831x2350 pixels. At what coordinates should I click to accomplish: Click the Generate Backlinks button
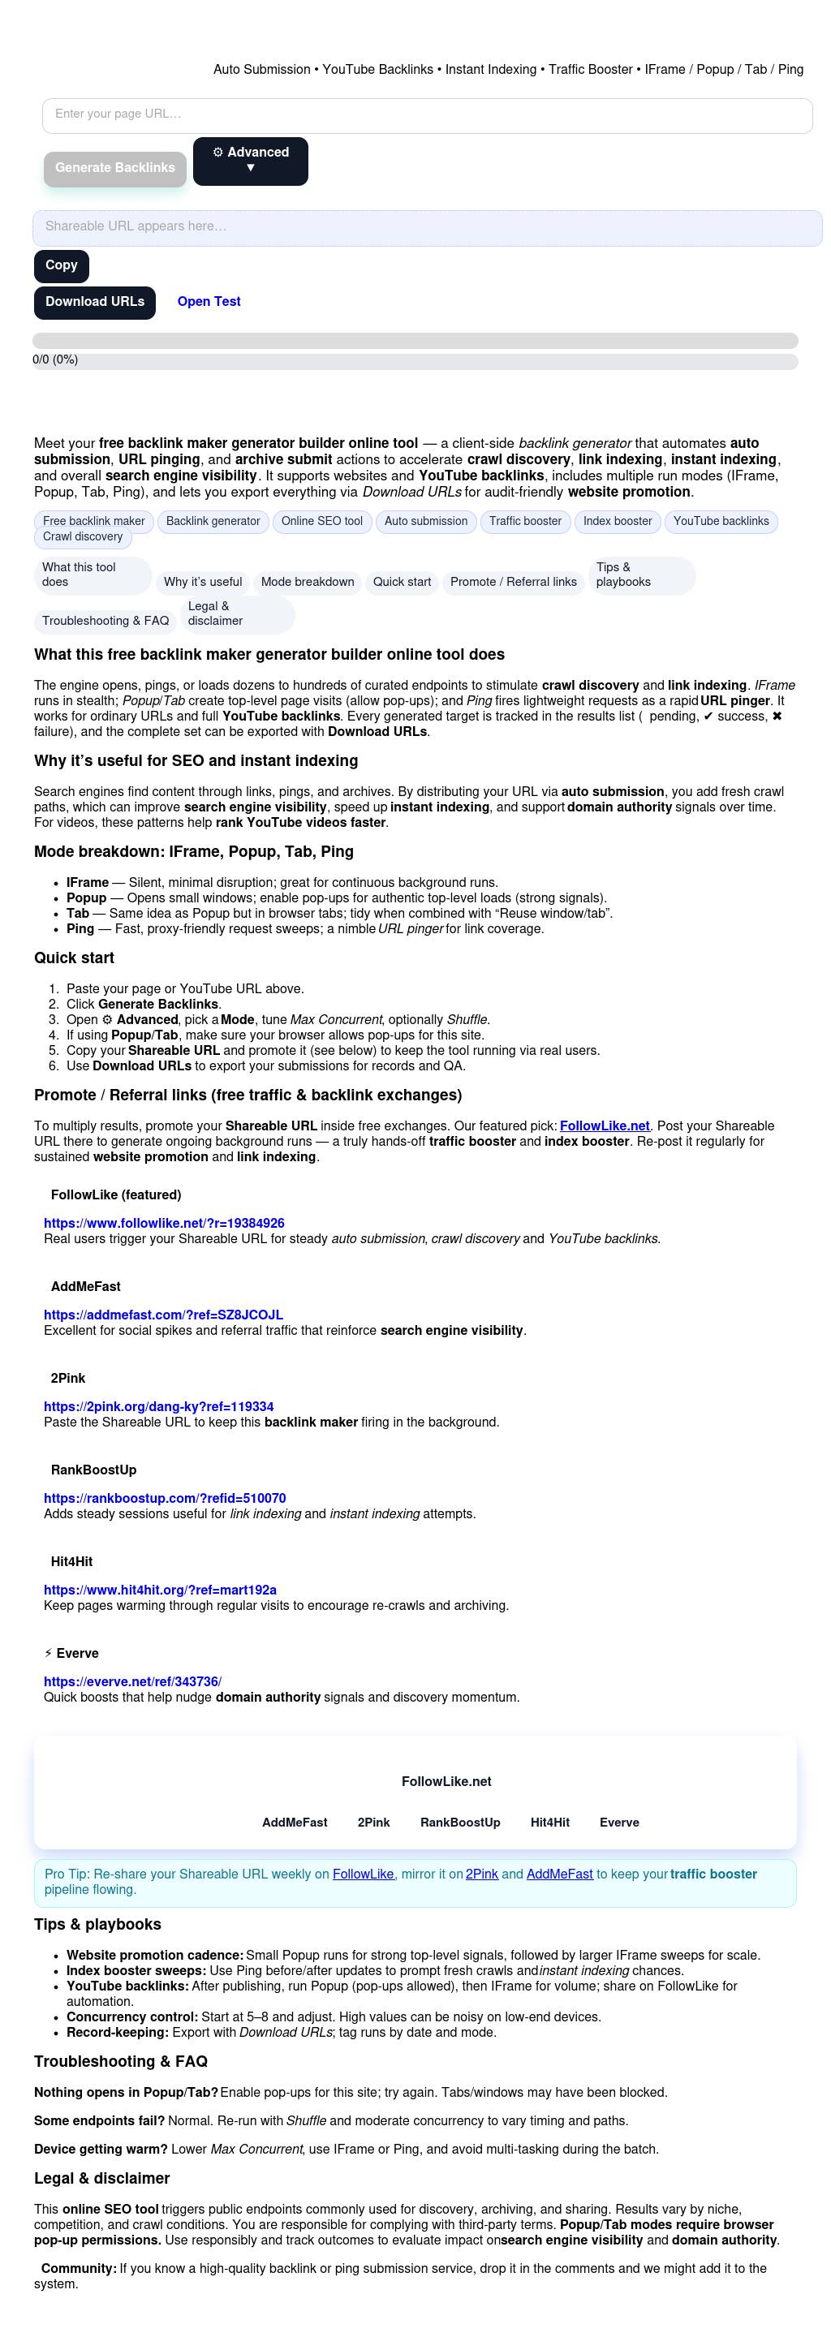[x=115, y=168]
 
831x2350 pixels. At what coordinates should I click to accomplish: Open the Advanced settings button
[x=250, y=161]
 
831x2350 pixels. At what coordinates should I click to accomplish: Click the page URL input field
[x=427, y=115]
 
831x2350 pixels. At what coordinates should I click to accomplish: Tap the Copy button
[x=61, y=265]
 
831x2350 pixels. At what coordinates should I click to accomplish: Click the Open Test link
[x=209, y=302]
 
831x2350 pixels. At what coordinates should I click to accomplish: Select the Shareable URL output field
[x=427, y=227]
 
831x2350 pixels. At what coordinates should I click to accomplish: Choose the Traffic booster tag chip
[x=525, y=522]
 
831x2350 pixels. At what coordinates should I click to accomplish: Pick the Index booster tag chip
[x=618, y=522]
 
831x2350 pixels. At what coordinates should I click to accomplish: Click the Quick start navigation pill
[x=402, y=582]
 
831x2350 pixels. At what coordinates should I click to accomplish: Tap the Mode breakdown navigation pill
[x=308, y=582]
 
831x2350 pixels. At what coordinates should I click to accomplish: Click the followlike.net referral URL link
[x=164, y=1224]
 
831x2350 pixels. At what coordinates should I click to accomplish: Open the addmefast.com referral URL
[x=163, y=1315]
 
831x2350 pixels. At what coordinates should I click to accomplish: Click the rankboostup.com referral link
[x=165, y=1498]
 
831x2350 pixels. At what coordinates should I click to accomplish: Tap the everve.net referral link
[x=133, y=1681]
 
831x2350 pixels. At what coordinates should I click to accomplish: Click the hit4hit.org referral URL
[x=161, y=1590]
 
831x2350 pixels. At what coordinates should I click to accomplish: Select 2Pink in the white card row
[x=373, y=1823]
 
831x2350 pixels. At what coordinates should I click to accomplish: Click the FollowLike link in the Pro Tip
[x=363, y=1874]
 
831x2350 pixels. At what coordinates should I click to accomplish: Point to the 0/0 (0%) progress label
[x=56, y=359]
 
